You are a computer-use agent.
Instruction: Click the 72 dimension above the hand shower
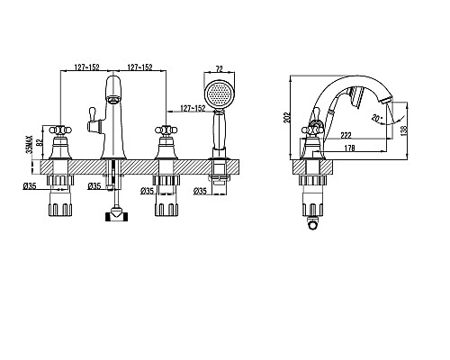pos(220,68)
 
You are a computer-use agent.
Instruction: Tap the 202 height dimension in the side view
pos(287,117)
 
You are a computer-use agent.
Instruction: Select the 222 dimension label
pos(346,135)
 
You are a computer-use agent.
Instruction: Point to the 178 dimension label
pos(349,148)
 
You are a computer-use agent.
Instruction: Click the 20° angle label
pos(376,118)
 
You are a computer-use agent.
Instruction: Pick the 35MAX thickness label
pos(30,144)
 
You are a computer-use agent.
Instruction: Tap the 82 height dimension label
pos(38,141)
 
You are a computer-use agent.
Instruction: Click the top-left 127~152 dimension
pos(86,67)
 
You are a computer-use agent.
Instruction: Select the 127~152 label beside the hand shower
pos(193,108)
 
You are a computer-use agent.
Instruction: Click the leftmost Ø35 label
pos(30,186)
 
